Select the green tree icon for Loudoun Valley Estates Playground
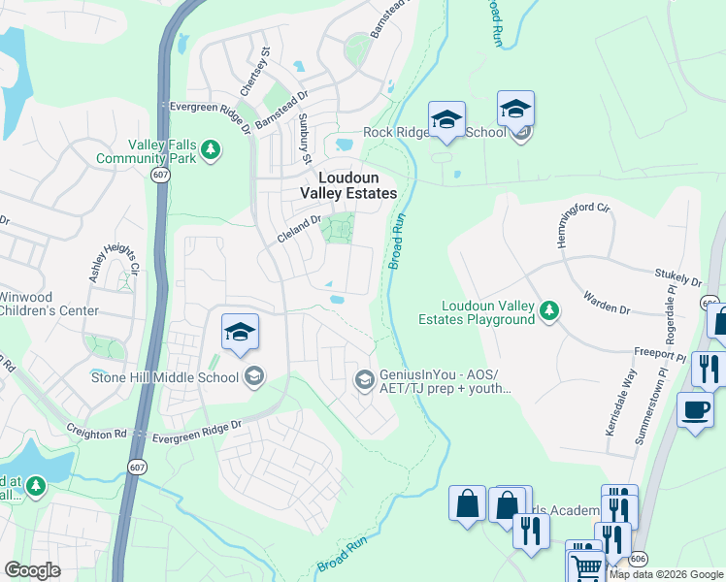(550, 310)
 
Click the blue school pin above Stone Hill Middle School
(240, 333)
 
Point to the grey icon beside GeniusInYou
(364, 379)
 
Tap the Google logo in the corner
(32, 569)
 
